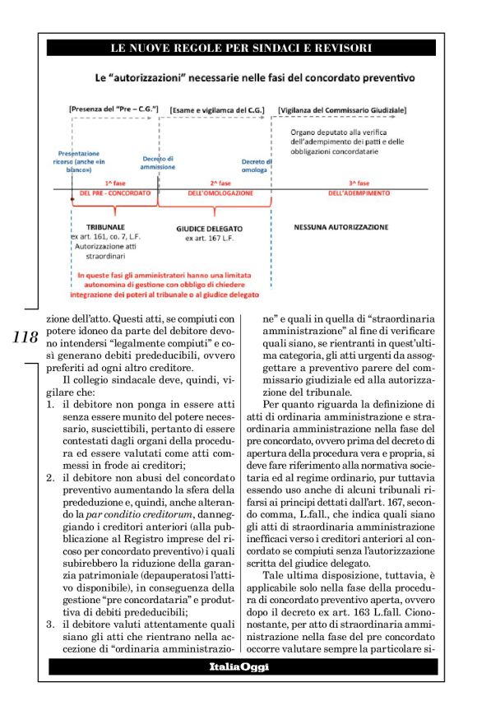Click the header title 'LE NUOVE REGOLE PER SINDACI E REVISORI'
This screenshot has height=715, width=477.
(239, 48)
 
